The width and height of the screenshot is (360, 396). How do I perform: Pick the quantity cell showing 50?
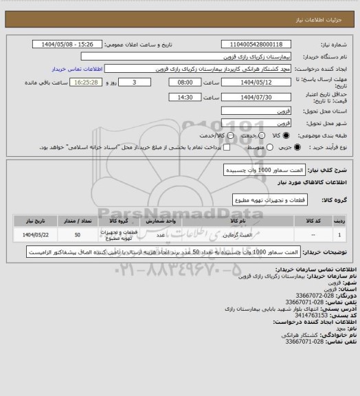76,235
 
